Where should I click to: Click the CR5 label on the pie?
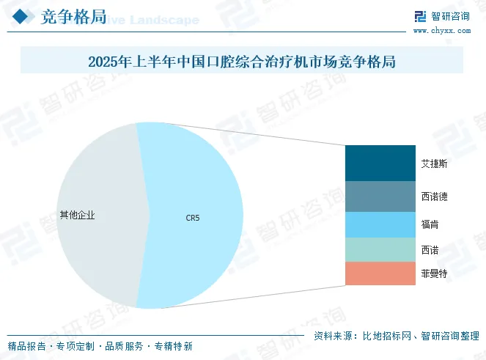(x=192, y=217)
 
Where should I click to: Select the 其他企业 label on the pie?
(x=78, y=216)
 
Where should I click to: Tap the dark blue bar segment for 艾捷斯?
(x=380, y=163)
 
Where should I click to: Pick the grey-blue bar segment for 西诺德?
(x=380, y=196)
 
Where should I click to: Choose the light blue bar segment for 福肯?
(x=380, y=224)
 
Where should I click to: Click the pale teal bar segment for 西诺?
(x=380, y=249)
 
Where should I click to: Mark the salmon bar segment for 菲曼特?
(x=380, y=273)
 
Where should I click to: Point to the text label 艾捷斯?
(x=435, y=164)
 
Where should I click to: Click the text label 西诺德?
(x=435, y=196)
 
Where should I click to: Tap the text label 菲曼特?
(x=435, y=273)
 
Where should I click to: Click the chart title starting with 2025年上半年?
(x=242, y=62)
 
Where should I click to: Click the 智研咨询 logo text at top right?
(x=449, y=17)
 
